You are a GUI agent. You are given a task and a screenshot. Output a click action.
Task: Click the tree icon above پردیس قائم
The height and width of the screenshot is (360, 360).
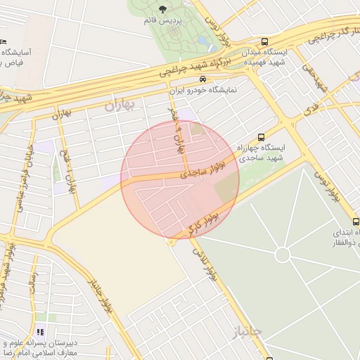163,9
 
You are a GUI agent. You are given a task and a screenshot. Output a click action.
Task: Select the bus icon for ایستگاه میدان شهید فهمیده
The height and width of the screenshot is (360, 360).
264,41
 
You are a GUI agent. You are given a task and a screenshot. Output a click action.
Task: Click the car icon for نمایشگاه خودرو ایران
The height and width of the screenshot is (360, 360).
202,79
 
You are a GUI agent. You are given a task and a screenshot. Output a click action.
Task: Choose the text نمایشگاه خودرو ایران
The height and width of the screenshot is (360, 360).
203,91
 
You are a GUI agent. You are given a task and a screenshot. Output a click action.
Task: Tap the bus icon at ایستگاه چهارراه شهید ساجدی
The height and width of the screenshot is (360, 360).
262,137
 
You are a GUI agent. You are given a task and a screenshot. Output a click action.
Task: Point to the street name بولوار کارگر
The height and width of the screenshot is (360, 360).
203,223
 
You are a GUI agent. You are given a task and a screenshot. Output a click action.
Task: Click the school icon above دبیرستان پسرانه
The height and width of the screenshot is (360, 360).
39,330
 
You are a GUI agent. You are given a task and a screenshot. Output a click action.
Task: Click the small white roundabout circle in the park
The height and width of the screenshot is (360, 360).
283,255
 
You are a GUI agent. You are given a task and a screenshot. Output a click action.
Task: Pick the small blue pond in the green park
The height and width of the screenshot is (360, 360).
203,41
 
